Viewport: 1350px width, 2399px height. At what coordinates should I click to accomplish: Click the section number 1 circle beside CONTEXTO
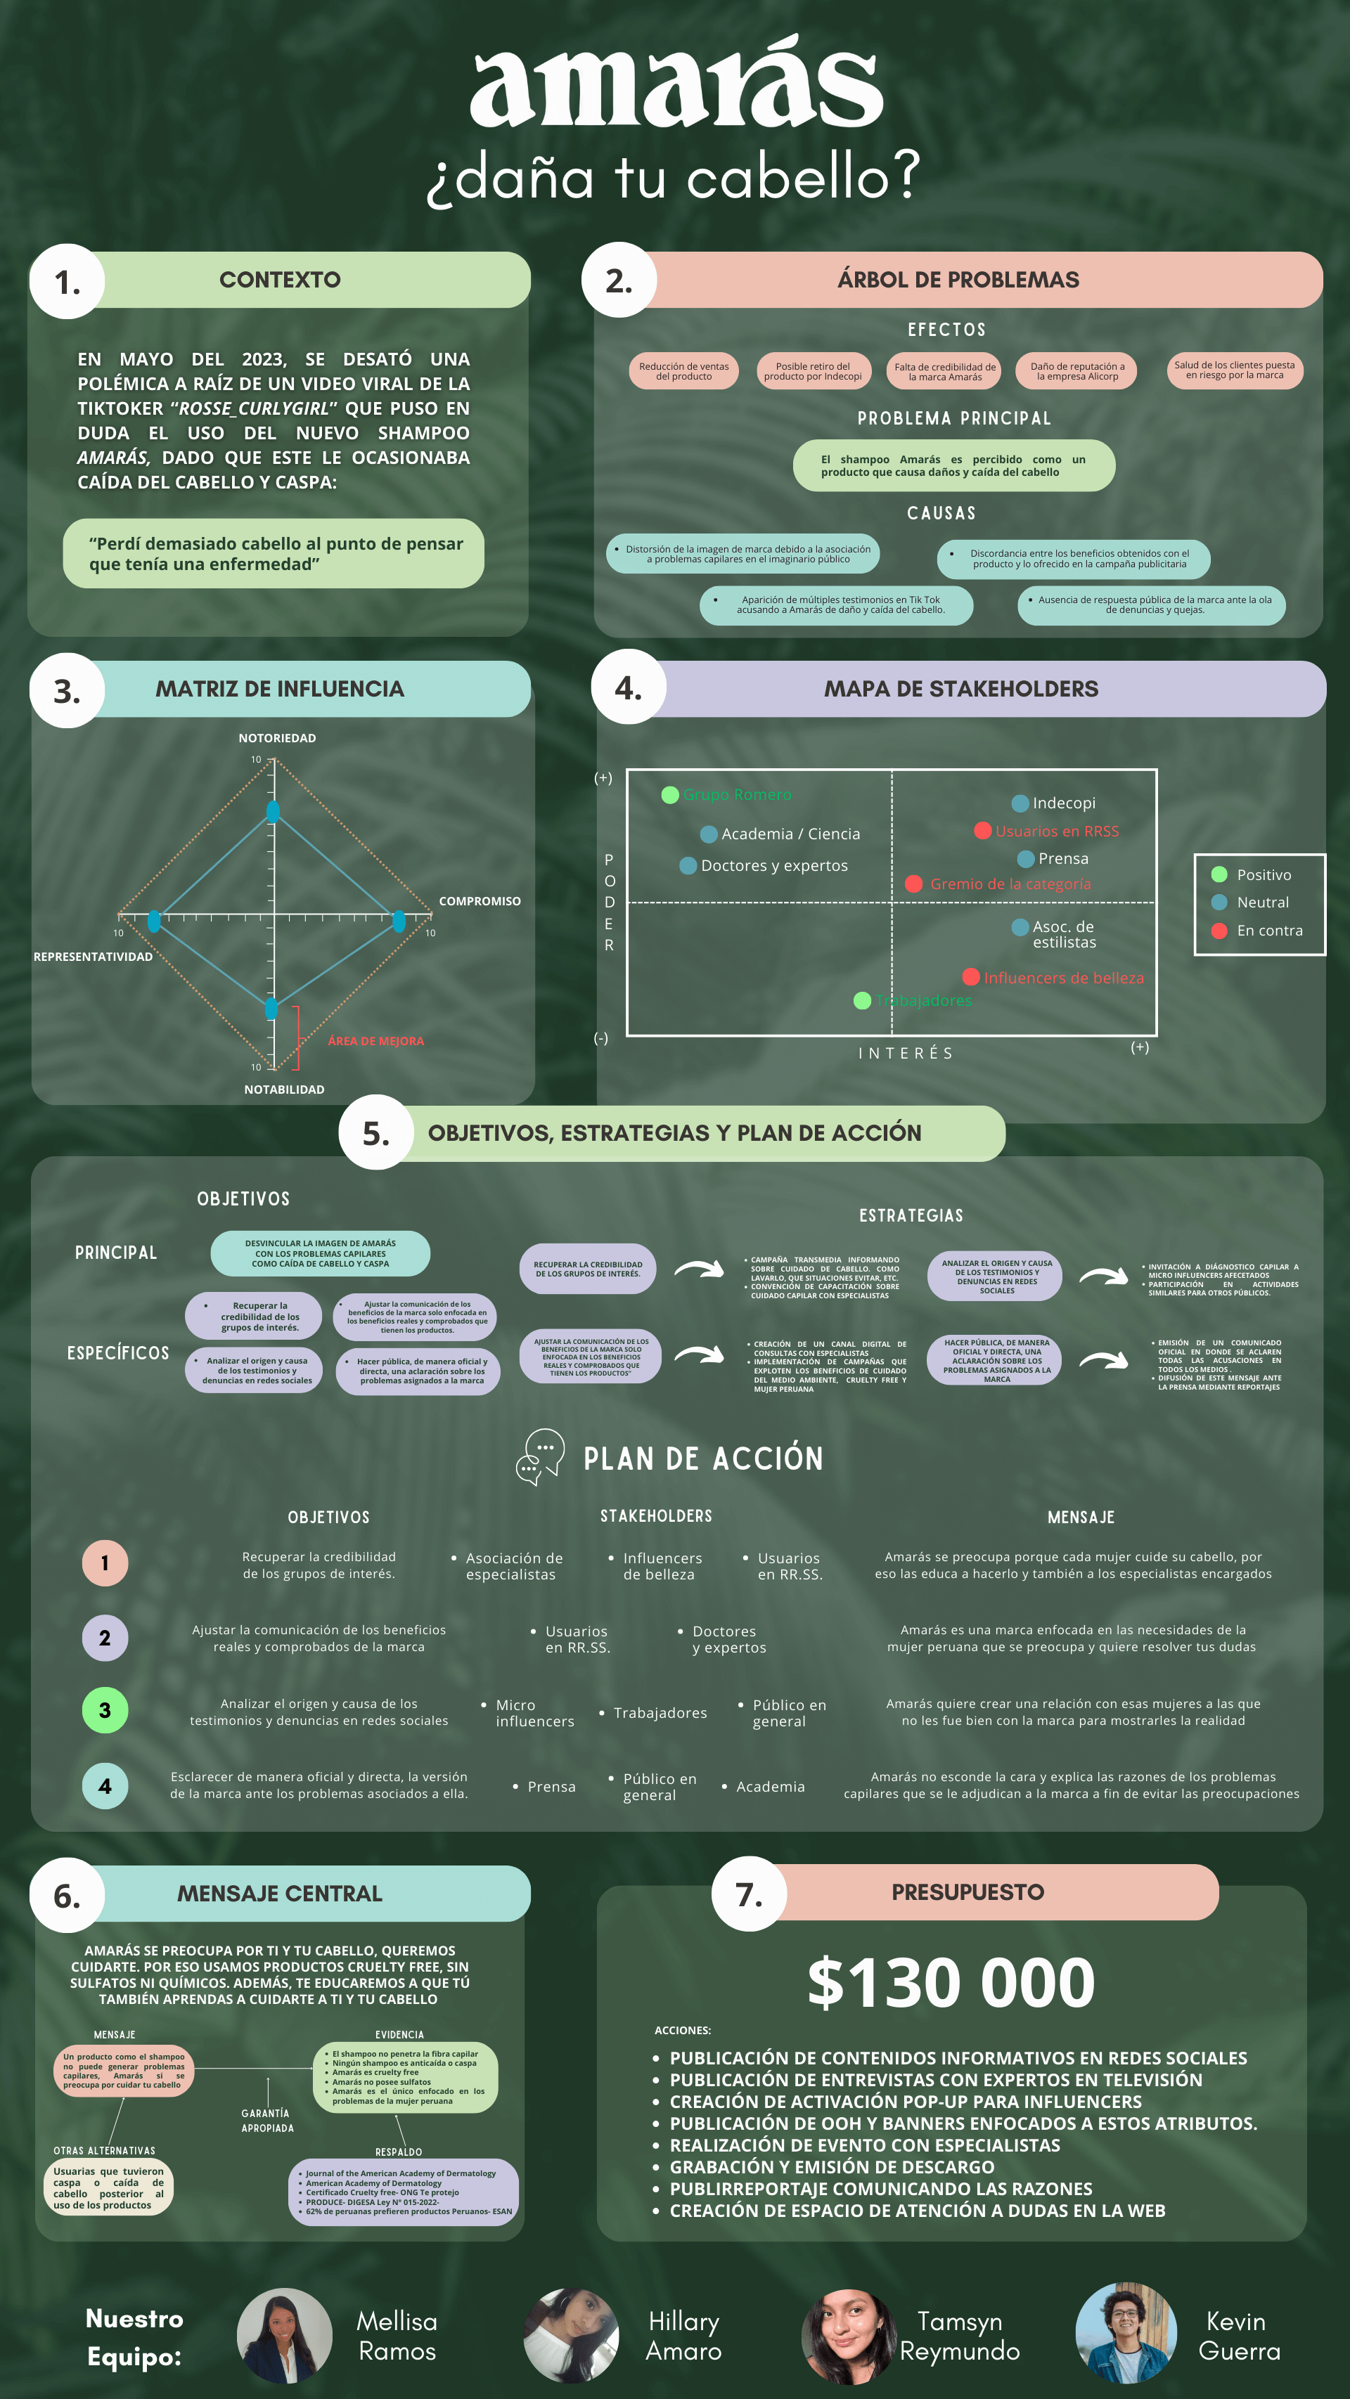(x=67, y=281)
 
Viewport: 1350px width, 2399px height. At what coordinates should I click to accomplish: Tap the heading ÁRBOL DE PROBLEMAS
(x=958, y=279)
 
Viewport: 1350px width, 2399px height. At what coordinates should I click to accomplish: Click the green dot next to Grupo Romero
(x=670, y=794)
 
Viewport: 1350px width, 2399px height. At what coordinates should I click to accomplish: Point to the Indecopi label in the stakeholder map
(x=1063, y=803)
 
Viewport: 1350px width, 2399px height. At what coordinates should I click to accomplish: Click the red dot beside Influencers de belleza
(x=971, y=976)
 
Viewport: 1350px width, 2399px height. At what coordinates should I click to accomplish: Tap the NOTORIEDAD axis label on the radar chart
(x=277, y=737)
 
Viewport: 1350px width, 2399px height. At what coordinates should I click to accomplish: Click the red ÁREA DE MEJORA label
(x=375, y=1041)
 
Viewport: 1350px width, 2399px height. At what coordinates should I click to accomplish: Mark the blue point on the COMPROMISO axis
(x=399, y=921)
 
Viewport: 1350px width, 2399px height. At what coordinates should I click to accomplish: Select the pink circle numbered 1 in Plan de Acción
(x=105, y=1563)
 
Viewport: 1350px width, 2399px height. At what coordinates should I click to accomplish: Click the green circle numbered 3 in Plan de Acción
(x=105, y=1710)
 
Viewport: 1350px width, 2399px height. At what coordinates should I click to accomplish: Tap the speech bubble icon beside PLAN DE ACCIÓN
(x=541, y=1456)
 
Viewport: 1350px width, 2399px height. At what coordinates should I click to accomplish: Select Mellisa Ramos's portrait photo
(x=284, y=2335)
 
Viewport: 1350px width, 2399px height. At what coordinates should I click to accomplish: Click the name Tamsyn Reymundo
(x=960, y=2336)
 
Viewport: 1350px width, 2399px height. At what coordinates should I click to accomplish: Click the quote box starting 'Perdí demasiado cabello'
(x=274, y=553)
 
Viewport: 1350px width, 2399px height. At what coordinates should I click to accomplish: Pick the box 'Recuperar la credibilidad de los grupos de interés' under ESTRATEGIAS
(x=588, y=1269)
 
